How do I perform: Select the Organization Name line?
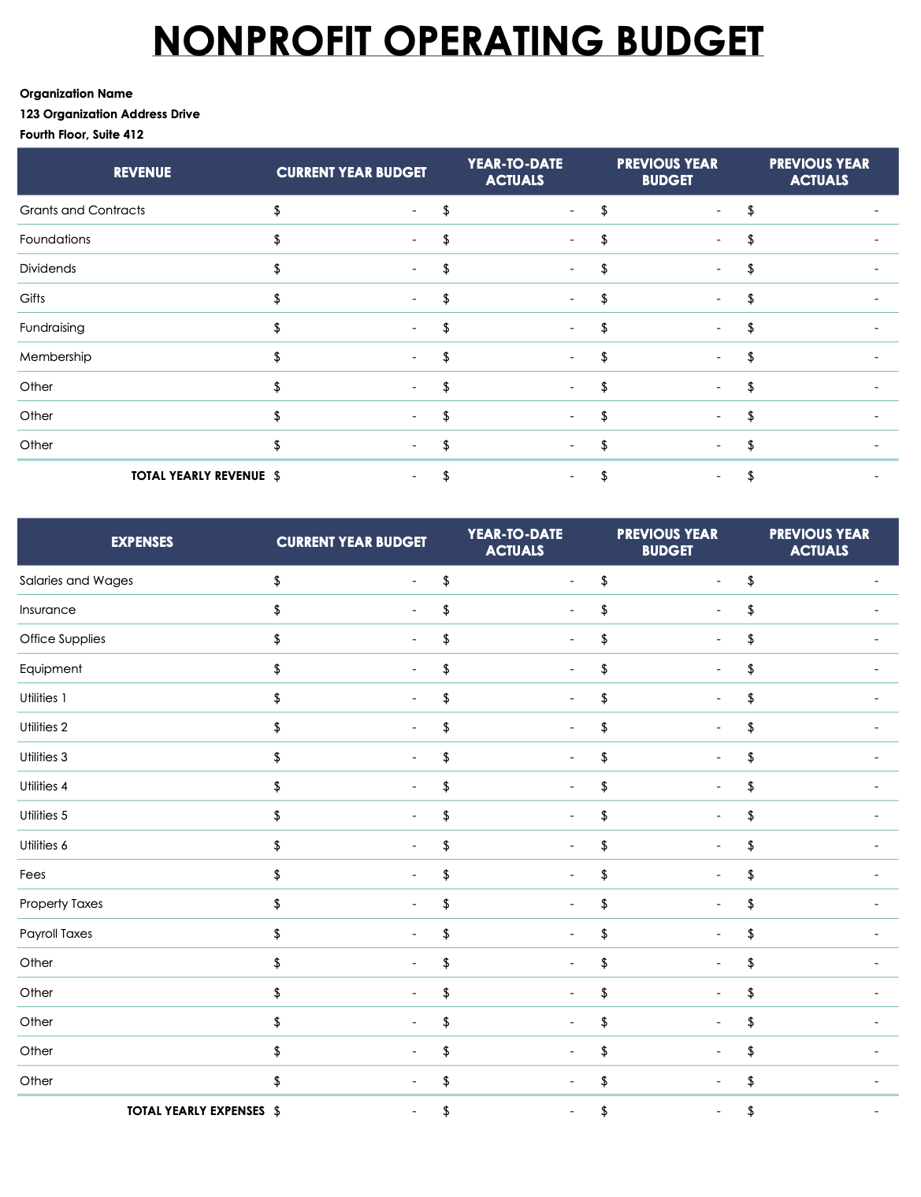76,94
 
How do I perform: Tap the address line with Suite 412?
82,135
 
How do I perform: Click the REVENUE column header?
142,173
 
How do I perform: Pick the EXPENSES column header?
142,542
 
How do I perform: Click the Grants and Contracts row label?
83,210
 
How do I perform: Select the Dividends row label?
48,269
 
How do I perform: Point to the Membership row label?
56,357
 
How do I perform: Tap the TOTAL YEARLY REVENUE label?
198,476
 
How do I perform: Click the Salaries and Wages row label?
76,581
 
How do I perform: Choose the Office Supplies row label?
63,639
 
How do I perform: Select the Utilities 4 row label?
44,786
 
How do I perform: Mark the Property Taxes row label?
61,904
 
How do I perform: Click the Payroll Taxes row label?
56,934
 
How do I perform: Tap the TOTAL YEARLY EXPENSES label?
196,1111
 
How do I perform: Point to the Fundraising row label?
52,328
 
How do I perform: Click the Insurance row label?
48,610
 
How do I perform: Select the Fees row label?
33,875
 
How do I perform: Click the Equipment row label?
51,669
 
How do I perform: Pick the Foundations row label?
55,240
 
